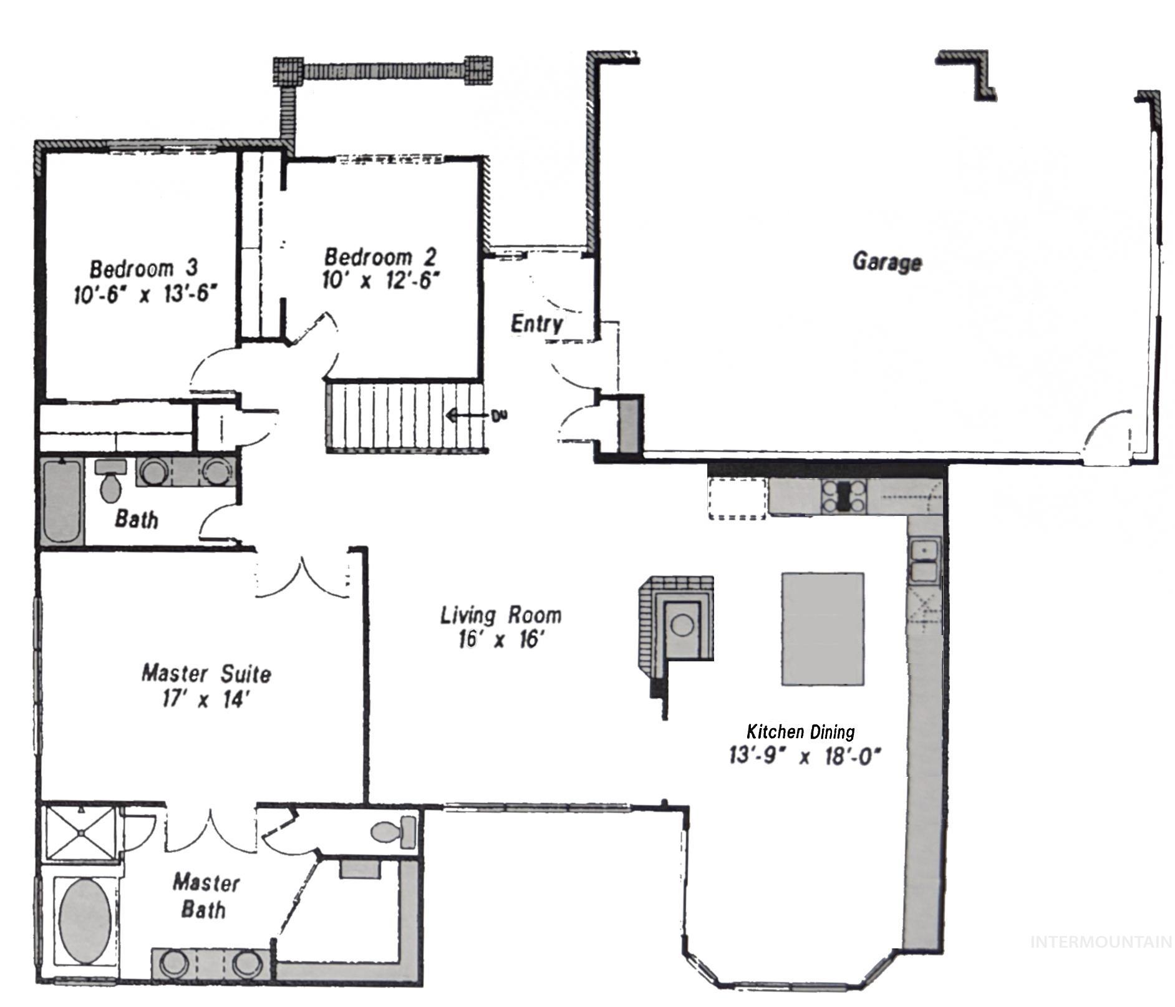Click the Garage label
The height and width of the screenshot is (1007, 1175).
(886, 261)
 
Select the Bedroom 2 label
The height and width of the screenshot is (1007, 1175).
(379, 256)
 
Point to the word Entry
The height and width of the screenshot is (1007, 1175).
(536, 324)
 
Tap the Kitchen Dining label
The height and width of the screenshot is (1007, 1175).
(800, 731)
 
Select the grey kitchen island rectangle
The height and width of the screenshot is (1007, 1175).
(823, 628)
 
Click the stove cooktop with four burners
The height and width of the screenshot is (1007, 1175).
(844, 496)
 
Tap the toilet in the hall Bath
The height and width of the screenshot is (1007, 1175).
(111, 480)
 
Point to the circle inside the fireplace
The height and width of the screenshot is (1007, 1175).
(682, 625)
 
